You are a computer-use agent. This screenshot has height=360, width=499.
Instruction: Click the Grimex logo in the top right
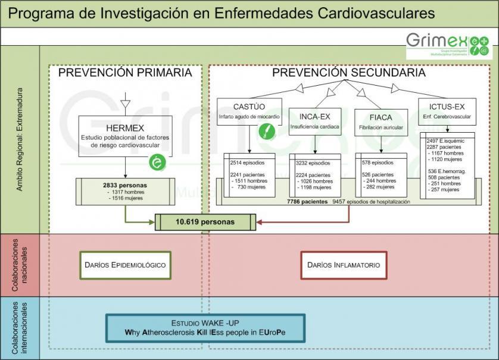(447, 45)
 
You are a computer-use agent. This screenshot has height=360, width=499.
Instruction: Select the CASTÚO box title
(249, 107)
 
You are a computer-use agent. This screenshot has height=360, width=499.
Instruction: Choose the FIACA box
(381, 121)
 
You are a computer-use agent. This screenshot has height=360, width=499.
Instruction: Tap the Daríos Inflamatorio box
(344, 264)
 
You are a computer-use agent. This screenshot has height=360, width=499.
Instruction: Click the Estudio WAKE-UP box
(205, 327)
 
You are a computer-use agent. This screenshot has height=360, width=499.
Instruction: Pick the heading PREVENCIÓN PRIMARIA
(125, 73)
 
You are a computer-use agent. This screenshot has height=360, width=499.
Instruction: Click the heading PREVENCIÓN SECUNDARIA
(348, 73)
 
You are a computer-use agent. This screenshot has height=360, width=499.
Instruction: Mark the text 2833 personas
(124, 185)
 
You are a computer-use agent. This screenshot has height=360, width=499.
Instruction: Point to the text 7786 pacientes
(307, 202)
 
